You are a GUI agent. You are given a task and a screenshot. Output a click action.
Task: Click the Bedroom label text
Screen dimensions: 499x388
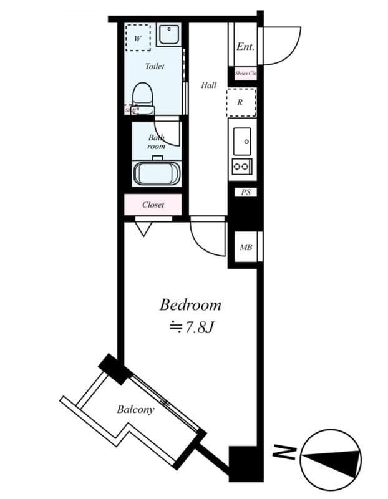190,305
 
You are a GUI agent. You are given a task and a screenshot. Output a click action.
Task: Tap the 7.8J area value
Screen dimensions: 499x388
192,327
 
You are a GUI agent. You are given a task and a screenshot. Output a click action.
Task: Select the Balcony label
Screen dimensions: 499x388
135,410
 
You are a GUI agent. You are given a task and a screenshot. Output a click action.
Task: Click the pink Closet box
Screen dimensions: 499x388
153,205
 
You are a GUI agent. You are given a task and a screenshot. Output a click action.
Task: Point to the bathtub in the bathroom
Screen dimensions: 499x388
157,172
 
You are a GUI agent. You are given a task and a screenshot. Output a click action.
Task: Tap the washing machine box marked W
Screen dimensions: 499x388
137,36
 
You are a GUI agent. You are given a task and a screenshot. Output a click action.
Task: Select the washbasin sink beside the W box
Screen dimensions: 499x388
168,34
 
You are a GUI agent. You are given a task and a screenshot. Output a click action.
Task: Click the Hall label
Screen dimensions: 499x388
208,85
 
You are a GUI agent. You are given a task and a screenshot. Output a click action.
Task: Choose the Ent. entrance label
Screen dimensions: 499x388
245,47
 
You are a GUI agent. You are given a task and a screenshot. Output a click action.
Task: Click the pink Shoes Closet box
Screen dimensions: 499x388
245,74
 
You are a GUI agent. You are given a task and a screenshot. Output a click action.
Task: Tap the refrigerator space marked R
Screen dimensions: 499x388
240,103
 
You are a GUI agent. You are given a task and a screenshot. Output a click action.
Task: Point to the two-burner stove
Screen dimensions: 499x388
241,167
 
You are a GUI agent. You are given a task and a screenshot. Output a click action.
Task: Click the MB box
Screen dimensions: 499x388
246,248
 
